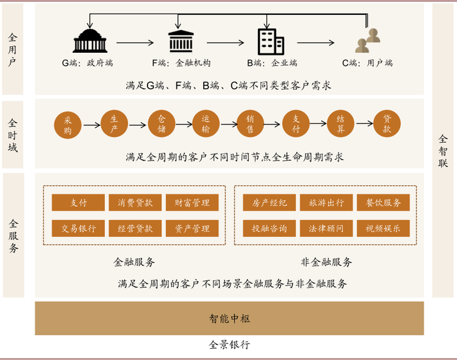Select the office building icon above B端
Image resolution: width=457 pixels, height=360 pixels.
coord(270,41)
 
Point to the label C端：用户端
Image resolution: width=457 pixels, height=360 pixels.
coord(367,63)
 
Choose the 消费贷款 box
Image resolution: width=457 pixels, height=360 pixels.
coord(134,203)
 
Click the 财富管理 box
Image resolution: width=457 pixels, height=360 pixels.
coord(192,203)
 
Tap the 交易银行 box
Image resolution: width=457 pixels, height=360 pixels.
coord(78,228)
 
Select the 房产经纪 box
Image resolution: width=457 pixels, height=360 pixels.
coord(269,203)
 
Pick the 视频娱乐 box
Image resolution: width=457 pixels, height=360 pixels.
coord(383,228)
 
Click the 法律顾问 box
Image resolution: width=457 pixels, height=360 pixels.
coord(326,228)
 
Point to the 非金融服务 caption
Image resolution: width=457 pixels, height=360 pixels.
coord(326,262)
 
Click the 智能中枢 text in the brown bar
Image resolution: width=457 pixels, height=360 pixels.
coord(229,319)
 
